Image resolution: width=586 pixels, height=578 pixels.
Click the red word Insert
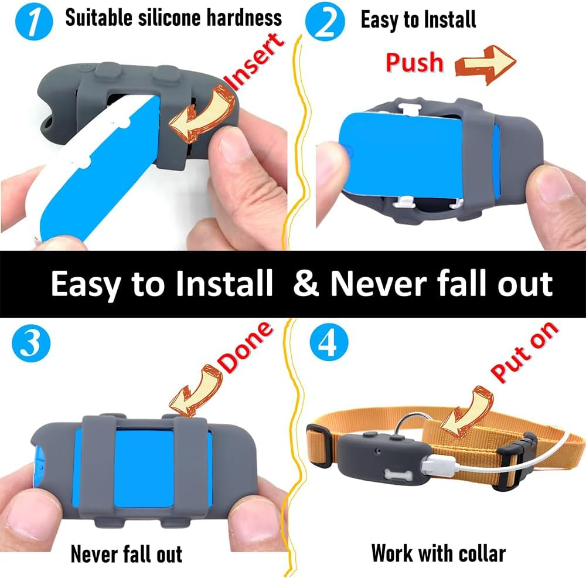coord(257,62)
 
